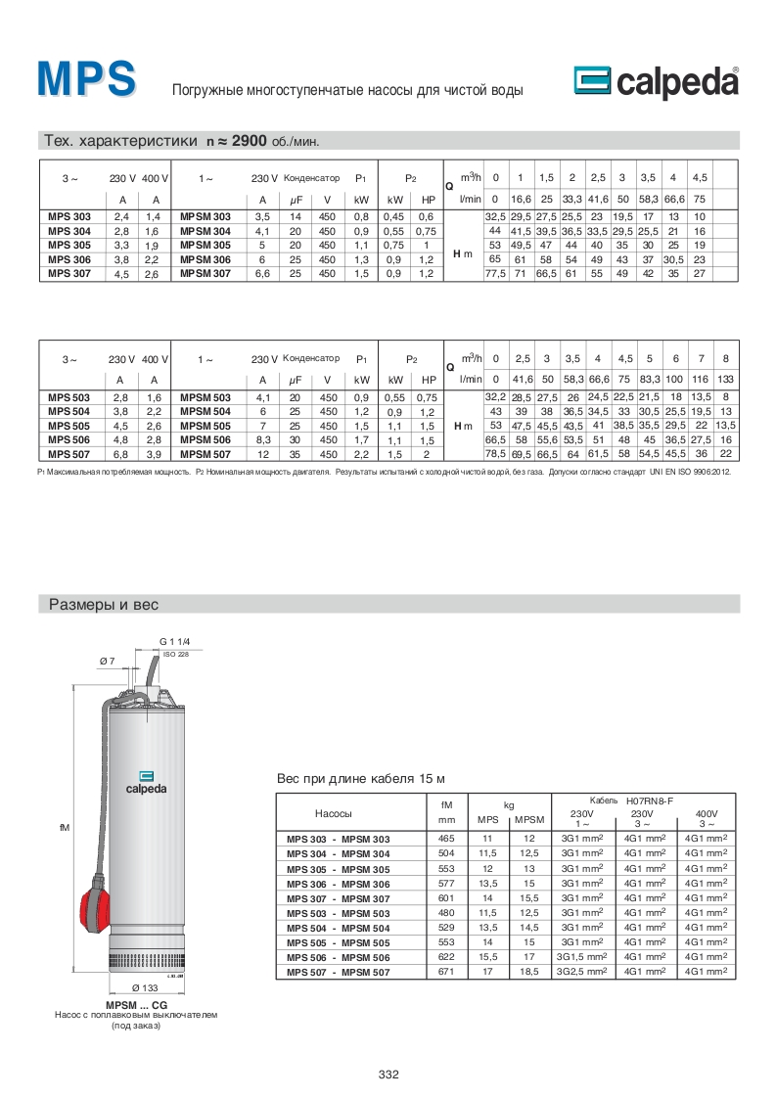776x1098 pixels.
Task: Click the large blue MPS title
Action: coord(86,80)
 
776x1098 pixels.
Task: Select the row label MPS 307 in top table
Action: coord(68,275)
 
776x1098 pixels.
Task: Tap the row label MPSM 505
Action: coord(205,427)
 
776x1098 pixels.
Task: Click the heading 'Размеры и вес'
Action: coord(104,606)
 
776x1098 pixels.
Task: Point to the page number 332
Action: coord(388,1075)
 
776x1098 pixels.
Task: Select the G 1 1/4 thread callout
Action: coord(173,641)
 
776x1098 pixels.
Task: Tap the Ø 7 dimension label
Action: coord(108,662)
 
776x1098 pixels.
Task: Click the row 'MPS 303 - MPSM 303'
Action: coord(338,840)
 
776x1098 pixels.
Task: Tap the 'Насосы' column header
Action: coord(334,813)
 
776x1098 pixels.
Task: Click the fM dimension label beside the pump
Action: coord(65,828)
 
